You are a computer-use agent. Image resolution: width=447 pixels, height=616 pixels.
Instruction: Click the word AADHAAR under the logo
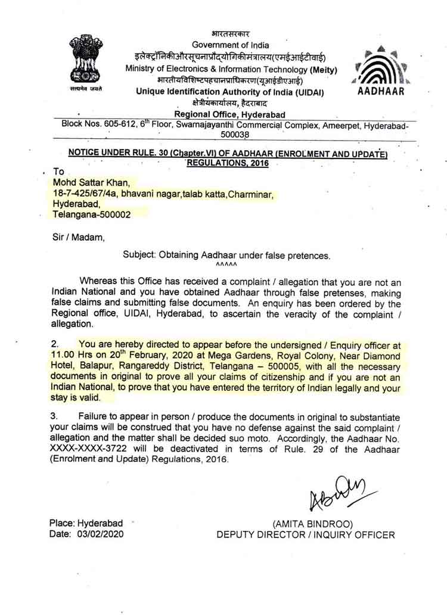(381, 92)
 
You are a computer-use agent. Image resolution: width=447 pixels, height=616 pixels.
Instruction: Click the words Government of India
(230, 45)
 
